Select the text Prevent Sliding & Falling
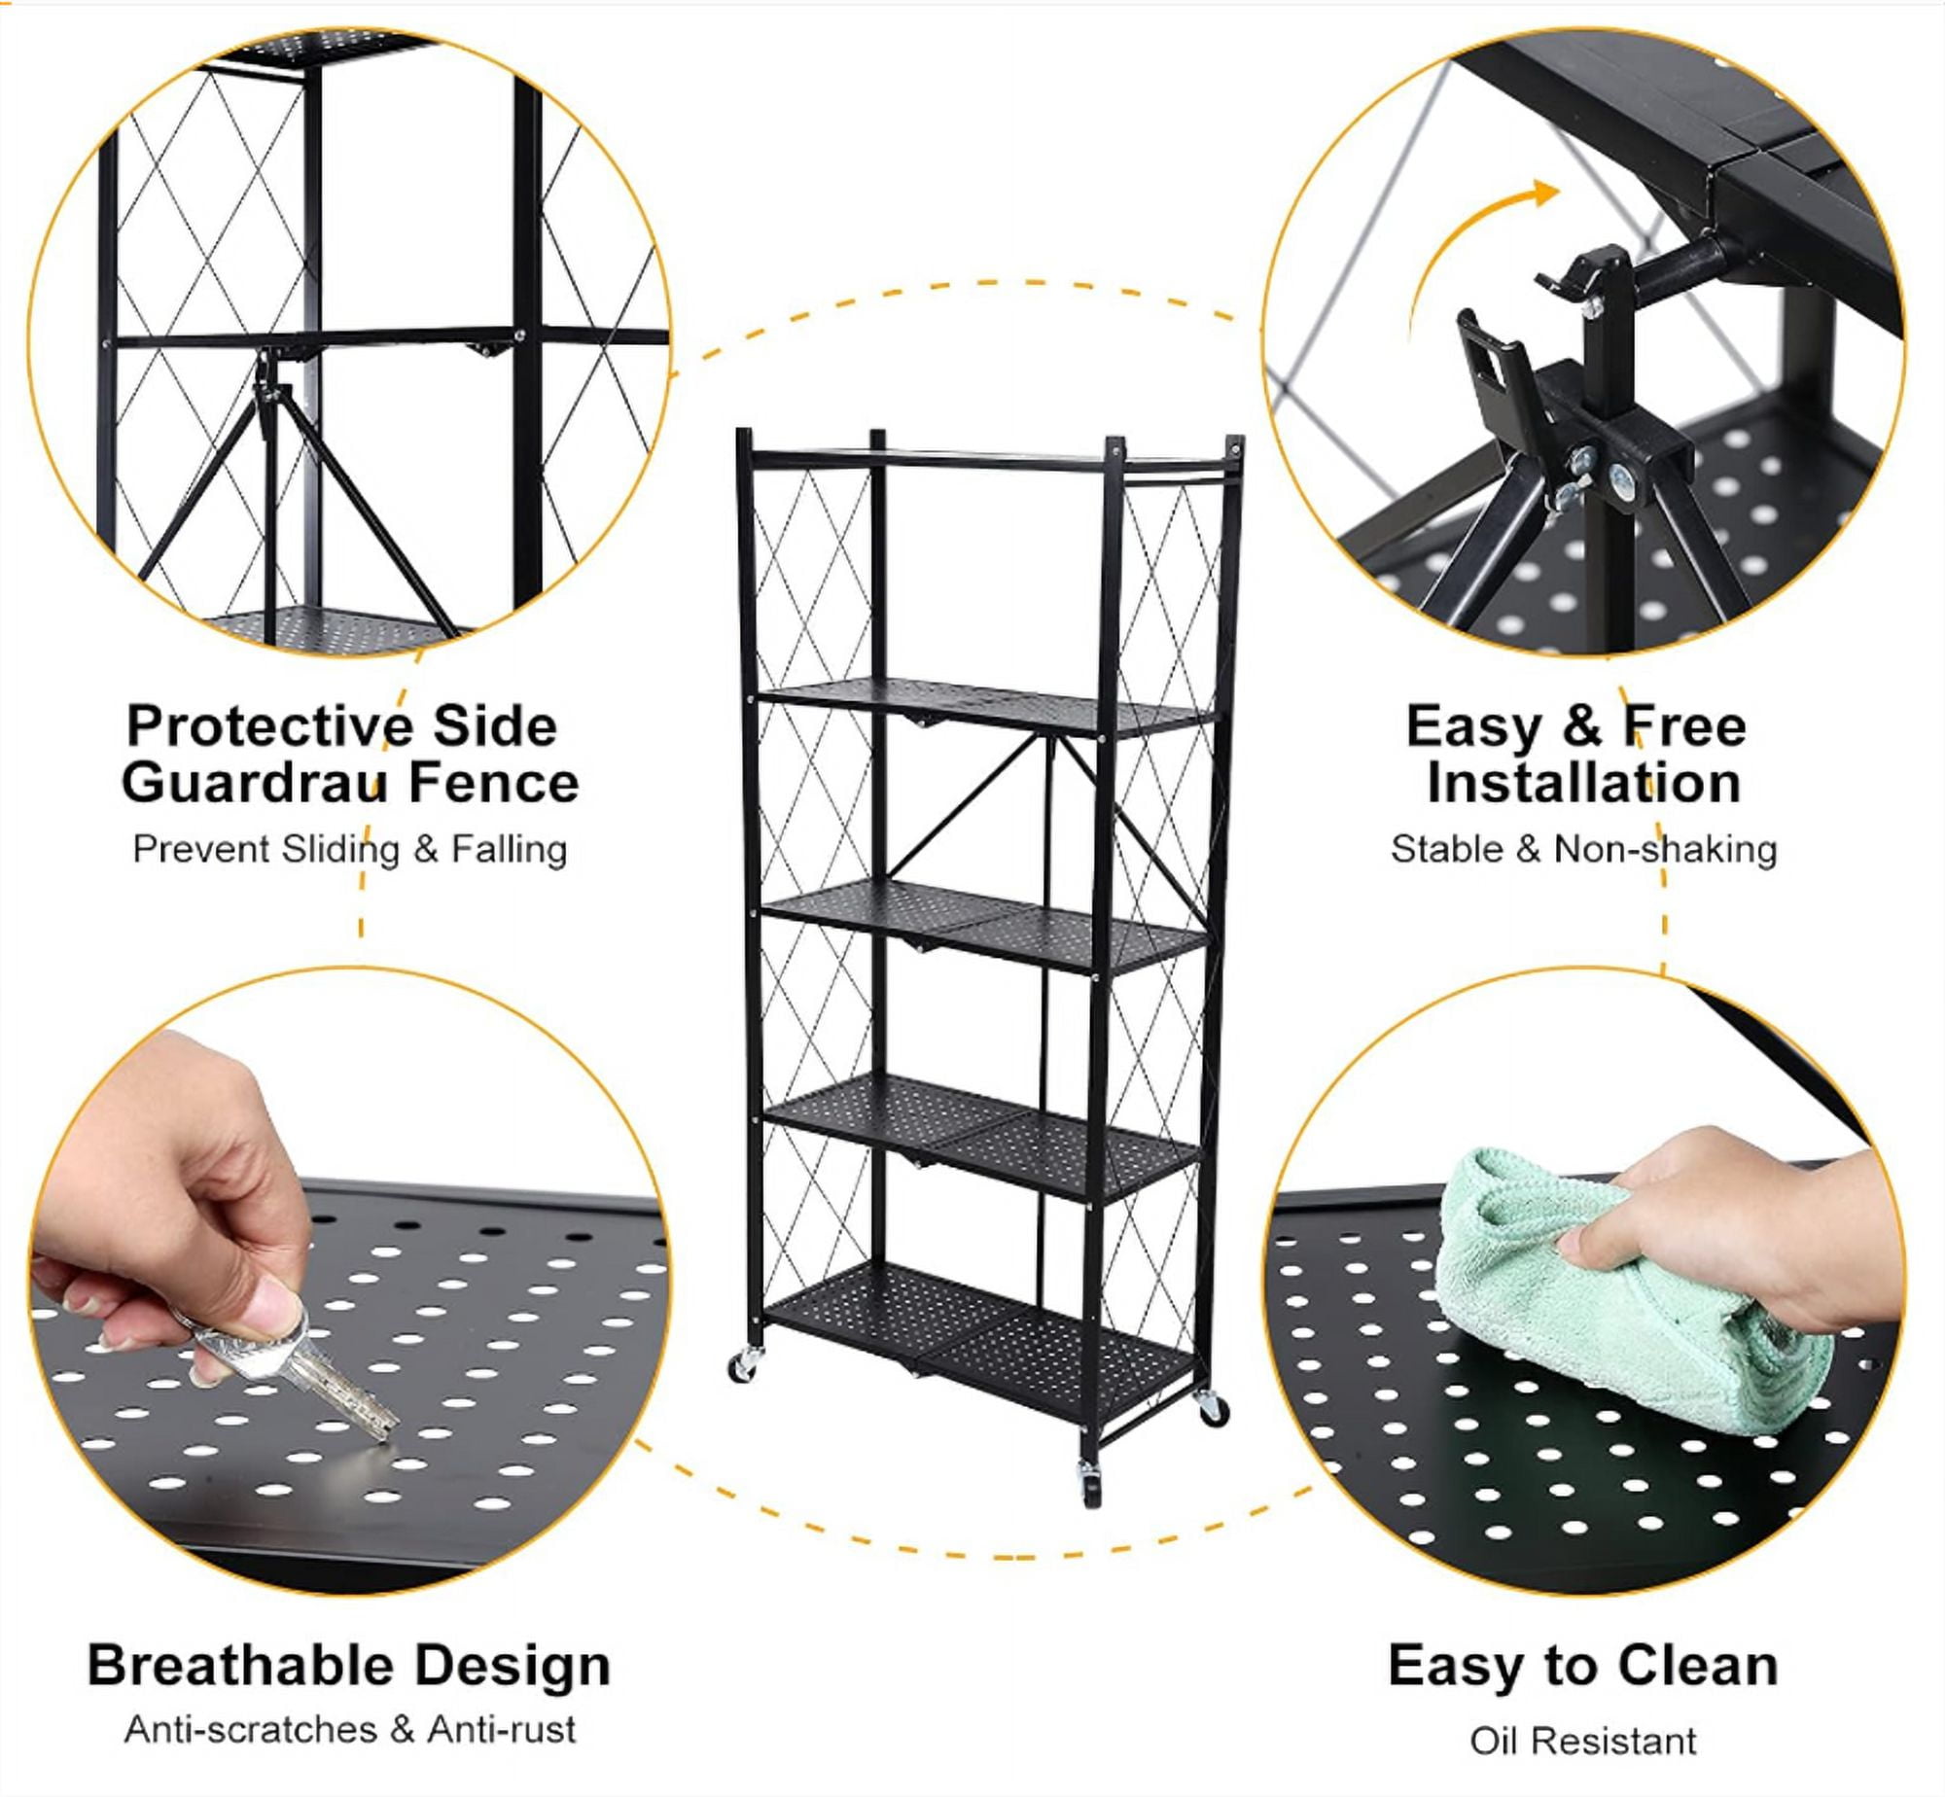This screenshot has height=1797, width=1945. [350, 849]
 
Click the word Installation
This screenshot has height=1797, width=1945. [1583, 784]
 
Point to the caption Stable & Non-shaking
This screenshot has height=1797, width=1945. [1583, 849]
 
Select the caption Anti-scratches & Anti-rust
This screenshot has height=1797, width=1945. [350, 1730]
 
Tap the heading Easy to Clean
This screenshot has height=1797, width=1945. [1583, 1666]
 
